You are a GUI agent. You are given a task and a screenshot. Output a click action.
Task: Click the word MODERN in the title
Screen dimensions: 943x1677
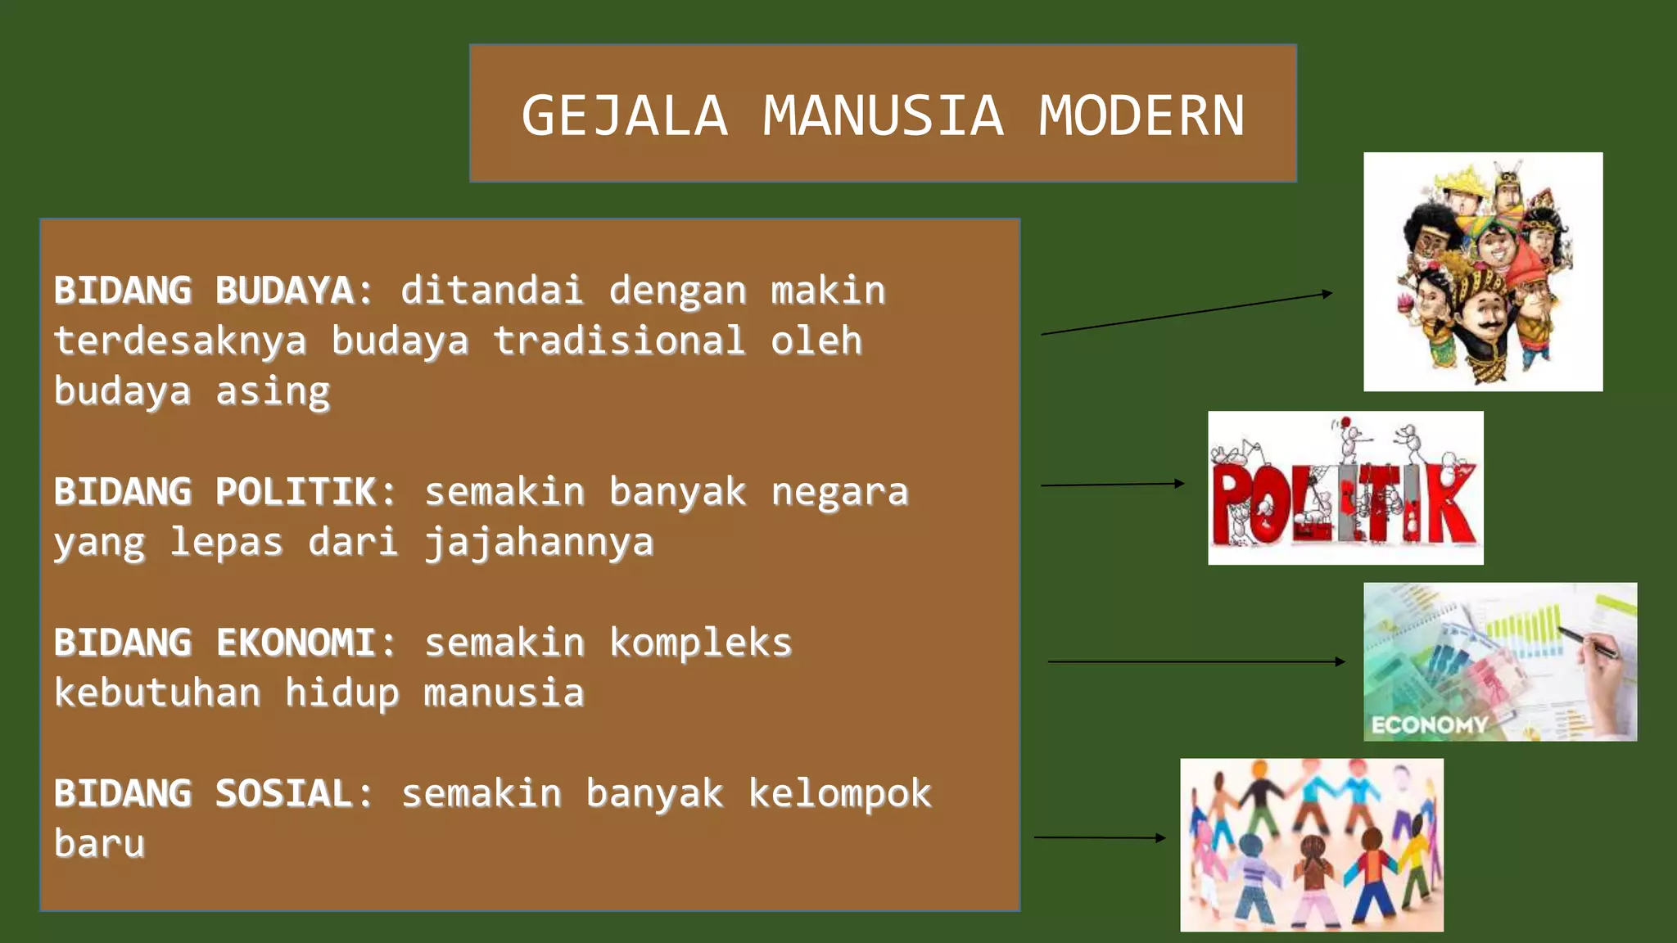click(x=1141, y=115)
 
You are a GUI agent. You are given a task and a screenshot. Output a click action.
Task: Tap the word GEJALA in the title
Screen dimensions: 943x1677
click(x=625, y=115)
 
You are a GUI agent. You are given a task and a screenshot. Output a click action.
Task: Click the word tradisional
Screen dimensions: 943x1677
click(x=619, y=341)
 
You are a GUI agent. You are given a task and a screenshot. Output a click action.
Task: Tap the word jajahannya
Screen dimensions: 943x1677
click(x=539, y=543)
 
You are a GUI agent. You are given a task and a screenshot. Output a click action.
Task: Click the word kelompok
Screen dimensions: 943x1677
click(x=839, y=793)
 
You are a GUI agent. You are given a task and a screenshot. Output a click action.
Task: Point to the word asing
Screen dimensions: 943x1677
click(x=273, y=391)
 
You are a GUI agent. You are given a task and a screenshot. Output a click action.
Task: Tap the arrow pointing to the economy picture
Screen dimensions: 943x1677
click(x=1196, y=661)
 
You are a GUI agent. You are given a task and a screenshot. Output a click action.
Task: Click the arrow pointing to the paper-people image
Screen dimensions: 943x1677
click(x=1099, y=837)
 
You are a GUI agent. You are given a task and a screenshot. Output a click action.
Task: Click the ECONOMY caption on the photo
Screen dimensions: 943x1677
click(x=1429, y=724)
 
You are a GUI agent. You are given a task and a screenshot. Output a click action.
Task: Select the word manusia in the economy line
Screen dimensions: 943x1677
click(x=504, y=693)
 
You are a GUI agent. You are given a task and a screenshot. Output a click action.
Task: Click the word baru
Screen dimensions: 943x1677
click(x=99, y=844)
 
